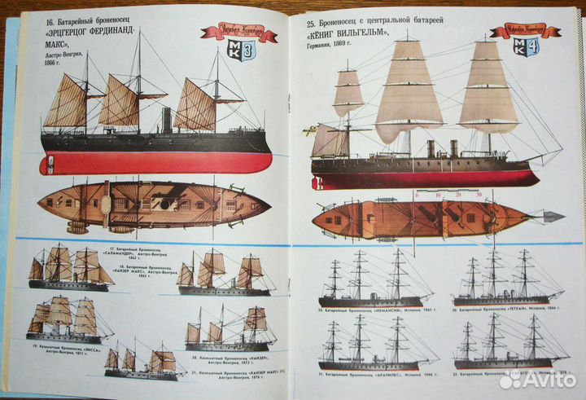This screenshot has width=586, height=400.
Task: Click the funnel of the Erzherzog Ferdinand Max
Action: [167, 120]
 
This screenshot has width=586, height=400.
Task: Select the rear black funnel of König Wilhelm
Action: [453, 148]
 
